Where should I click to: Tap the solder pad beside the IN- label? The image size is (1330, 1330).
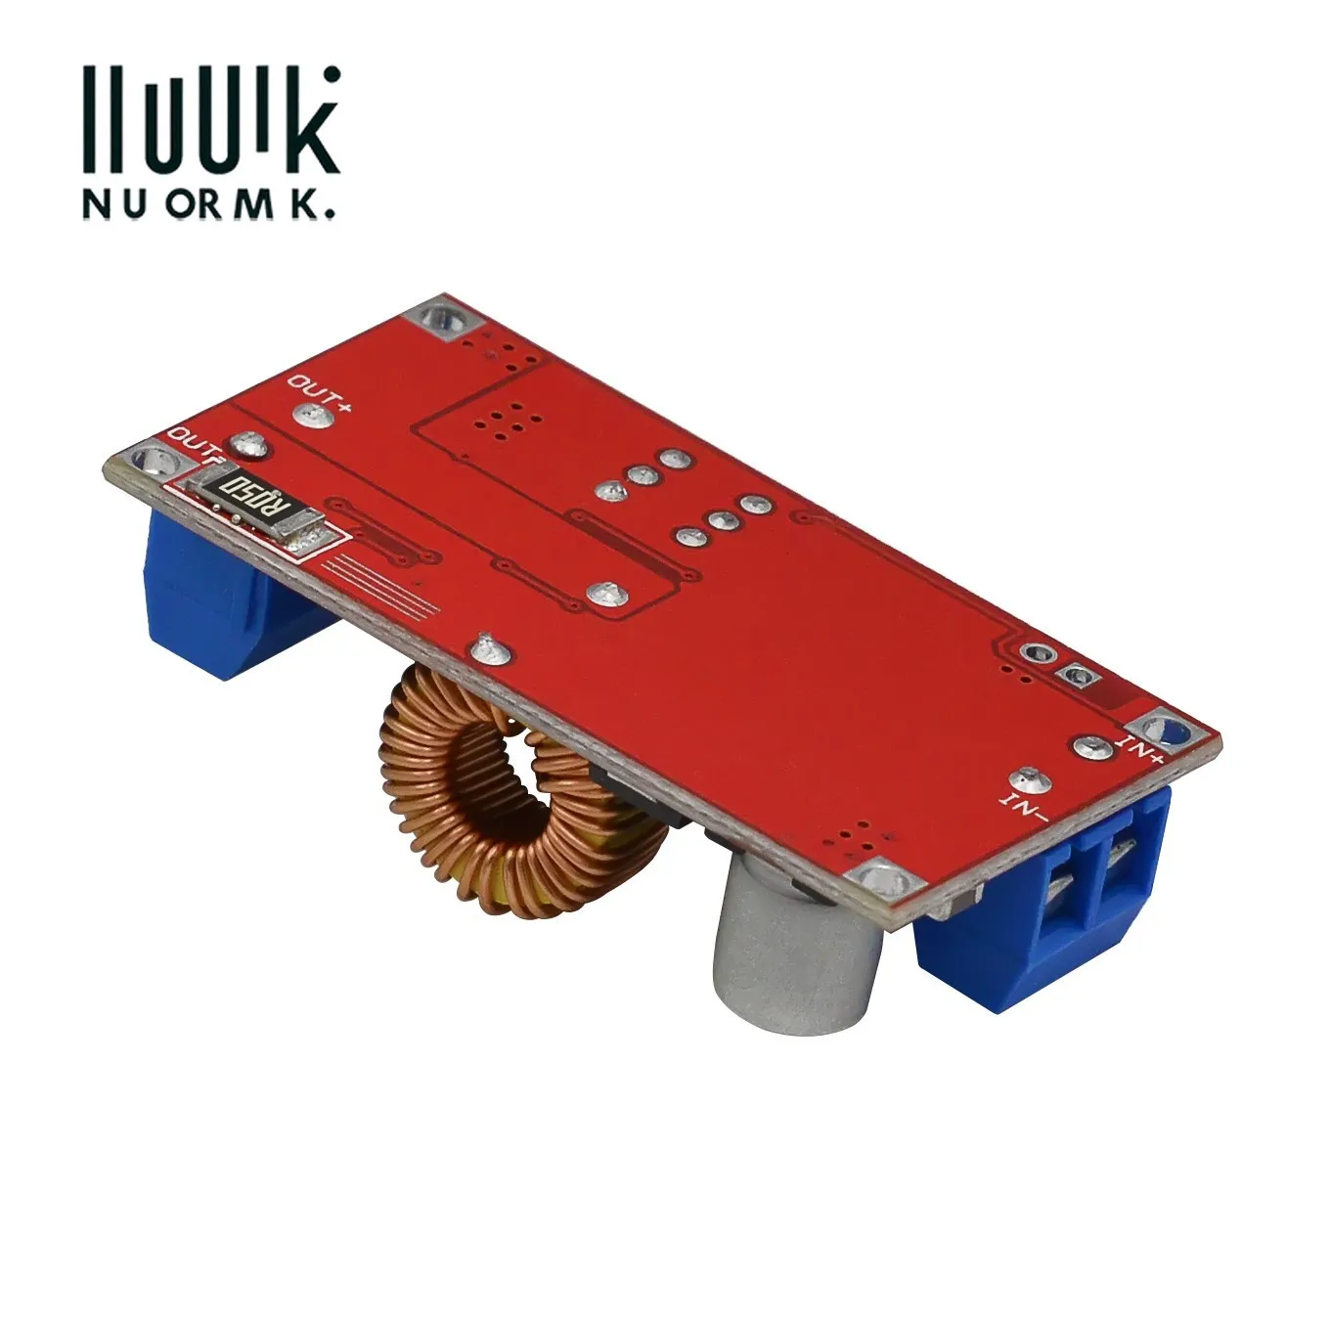(1027, 779)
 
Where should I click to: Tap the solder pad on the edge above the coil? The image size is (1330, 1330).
(483, 648)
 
